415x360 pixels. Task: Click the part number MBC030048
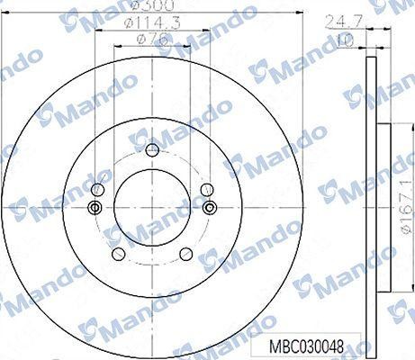pyautogui.click(x=309, y=345)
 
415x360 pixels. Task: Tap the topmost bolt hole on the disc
pyautogui.click(x=151, y=147)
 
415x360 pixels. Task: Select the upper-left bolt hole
pyautogui.click(x=97, y=188)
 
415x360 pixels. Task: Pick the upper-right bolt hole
pyautogui.click(x=206, y=188)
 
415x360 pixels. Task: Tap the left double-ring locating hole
pyautogui.click(x=94, y=208)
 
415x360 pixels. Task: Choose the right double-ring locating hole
pyautogui.click(x=209, y=208)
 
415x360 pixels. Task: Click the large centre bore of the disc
pyautogui.click(x=151, y=208)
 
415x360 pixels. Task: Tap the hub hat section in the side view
pyautogui.click(x=384, y=208)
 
